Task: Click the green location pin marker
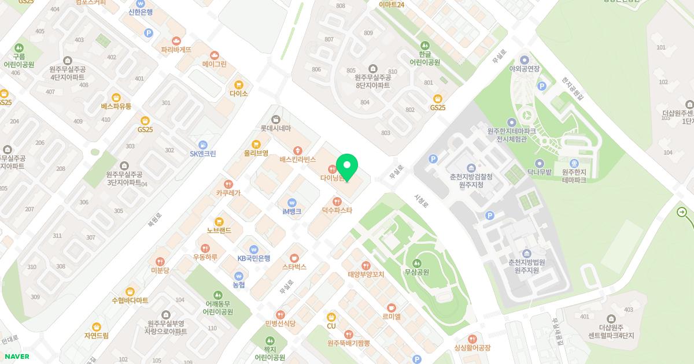pos(347,167)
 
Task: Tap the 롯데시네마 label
pos(275,128)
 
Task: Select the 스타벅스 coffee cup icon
pos(294,257)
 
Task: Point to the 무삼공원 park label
pos(416,272)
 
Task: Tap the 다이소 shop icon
pos(238,84)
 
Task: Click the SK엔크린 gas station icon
pos(202,144)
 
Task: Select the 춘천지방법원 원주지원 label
pos(526,266)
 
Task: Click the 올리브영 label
pos(256,153)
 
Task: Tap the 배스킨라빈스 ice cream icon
pos(297,150)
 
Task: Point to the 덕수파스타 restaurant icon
pos(337,201)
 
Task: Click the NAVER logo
pos(17,356)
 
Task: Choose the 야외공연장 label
pos(524,69)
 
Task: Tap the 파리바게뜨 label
pos(176,50)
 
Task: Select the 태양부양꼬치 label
pos(366,274)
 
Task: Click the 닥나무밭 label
pos(539,172)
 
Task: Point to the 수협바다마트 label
pos(130,300)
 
